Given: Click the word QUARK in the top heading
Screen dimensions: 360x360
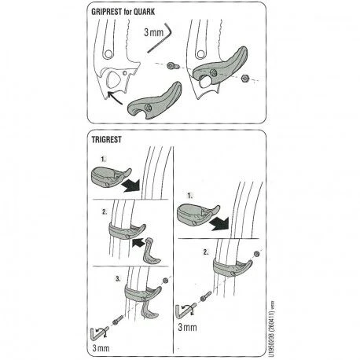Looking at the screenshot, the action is point(144,12).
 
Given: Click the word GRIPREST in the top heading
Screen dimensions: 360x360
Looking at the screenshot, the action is point(106,12).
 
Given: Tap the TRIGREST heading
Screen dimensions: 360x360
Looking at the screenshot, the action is point(106,139).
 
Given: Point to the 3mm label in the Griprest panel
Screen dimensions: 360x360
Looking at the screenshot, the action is point(154,32).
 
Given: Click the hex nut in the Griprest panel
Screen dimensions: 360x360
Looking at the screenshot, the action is point(245,78).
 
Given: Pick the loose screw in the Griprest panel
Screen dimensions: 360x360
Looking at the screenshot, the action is point(174,65).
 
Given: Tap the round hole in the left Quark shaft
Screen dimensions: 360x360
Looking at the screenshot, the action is point(108,54).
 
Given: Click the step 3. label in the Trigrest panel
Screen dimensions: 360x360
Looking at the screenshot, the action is point(118,279).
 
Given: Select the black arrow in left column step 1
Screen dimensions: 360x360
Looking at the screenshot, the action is point(131,185).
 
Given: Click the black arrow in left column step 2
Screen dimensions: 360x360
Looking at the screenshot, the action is point(138,242).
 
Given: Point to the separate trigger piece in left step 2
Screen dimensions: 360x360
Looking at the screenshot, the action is point(152,252).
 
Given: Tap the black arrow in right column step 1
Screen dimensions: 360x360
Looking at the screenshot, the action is point(219,223).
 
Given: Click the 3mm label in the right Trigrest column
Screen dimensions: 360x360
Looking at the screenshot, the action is point(187,327).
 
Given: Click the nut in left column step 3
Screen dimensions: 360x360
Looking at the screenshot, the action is point(165,281).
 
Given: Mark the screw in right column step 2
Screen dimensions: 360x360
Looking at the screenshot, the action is point(205,296).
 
